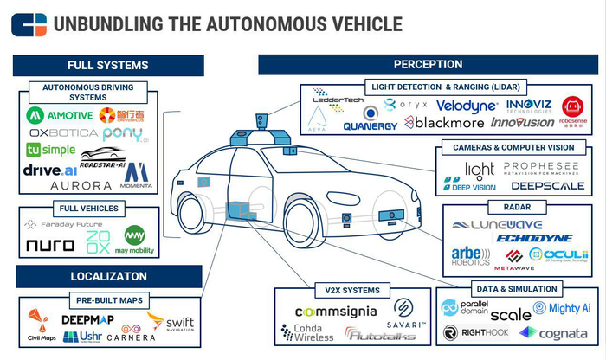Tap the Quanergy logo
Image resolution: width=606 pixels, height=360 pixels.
click(370, 125)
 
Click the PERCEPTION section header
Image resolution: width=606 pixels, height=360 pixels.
click(428, 64)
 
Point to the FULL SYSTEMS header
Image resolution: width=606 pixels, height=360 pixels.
click(107, 65)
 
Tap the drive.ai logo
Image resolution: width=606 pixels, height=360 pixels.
click(50, 170)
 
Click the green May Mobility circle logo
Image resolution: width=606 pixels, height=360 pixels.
click(134, 236)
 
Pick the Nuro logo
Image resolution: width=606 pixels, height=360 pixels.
click(50, 245)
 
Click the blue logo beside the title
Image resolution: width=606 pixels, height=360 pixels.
click(29, 24)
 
